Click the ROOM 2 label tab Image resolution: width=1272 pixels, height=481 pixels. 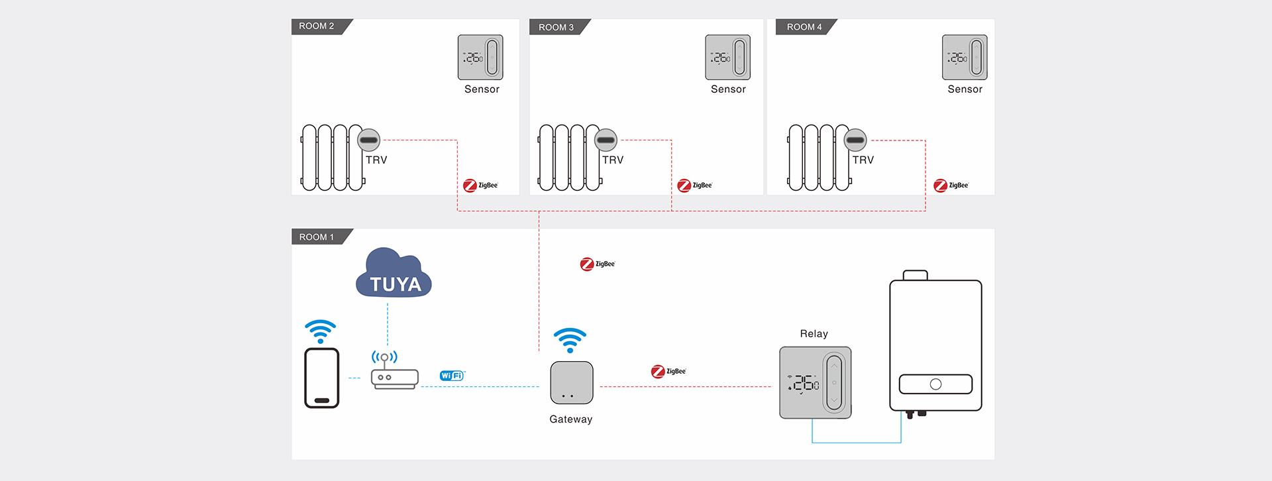317,27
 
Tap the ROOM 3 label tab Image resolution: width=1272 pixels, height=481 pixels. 556,27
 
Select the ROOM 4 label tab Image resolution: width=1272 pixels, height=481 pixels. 804,27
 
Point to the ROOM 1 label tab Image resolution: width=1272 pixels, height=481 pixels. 317,237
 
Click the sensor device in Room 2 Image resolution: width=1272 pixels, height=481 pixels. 480,58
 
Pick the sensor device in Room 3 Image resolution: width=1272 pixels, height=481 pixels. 727,58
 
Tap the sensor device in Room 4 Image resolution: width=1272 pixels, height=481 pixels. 965,58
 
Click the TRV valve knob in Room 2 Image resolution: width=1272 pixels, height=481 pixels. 369,140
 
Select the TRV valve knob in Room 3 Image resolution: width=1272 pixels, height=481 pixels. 606,140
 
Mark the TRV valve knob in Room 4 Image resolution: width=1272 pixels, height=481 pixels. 855,140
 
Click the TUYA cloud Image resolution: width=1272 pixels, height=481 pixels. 394,275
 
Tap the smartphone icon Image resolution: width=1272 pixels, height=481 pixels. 322,378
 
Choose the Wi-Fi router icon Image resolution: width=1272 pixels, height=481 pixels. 394,378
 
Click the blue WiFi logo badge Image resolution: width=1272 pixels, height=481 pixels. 452,376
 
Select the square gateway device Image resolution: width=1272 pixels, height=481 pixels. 572,383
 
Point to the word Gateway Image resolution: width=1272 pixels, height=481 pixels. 571,419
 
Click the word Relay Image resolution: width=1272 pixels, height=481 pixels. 814,334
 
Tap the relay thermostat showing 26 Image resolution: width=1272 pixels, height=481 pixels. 816,383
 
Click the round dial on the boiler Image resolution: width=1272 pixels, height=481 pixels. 935,384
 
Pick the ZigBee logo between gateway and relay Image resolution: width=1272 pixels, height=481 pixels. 668,372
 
